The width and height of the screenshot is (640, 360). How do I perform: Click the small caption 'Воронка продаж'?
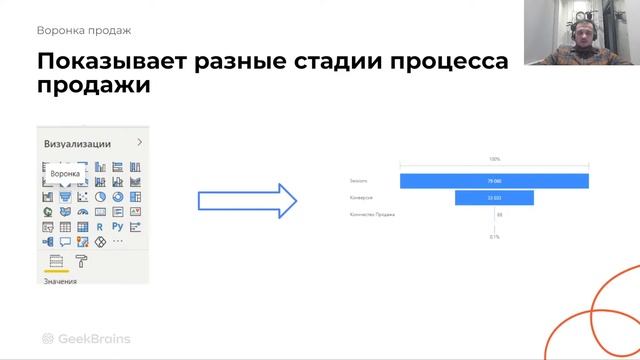(x=84, y=31)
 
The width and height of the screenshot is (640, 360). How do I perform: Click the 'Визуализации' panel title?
(x=77, y=144)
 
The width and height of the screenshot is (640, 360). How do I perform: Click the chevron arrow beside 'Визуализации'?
(x=139, y=143)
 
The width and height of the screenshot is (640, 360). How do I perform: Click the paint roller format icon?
(x=82, y=261)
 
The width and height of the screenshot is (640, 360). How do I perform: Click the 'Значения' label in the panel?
(x=59, y=281)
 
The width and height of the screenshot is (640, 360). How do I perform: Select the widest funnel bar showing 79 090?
(x=494, y=181)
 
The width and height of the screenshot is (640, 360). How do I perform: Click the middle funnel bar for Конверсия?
(x=494, y=198)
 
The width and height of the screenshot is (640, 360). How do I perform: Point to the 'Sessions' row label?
(x=359, y=181)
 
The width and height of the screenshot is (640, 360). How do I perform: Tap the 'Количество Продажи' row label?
(x=372, y=214)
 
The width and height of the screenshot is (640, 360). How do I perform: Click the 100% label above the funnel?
(x=494, y=160)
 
